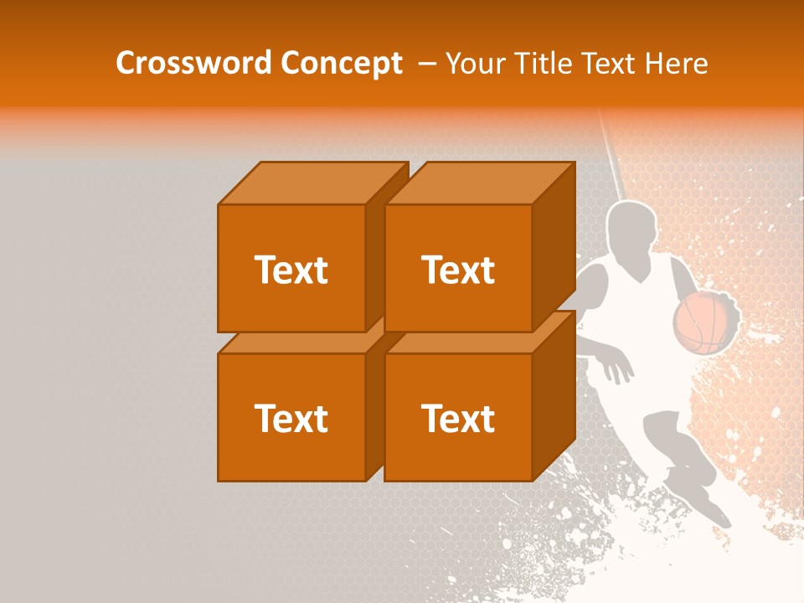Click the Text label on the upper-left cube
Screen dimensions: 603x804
click(291, 270)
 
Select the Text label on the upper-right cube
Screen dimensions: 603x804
click(457, 270)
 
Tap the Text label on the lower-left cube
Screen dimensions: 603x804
click(291, 418)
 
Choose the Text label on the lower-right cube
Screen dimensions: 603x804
click(457, 418)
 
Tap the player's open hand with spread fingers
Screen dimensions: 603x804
click(616, 365)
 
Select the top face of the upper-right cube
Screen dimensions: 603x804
click(479, 183)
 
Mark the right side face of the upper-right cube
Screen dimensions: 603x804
click(554, 247)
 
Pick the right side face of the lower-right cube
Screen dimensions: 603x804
click(554, 398)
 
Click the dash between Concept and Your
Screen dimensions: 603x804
click(426, 63)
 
